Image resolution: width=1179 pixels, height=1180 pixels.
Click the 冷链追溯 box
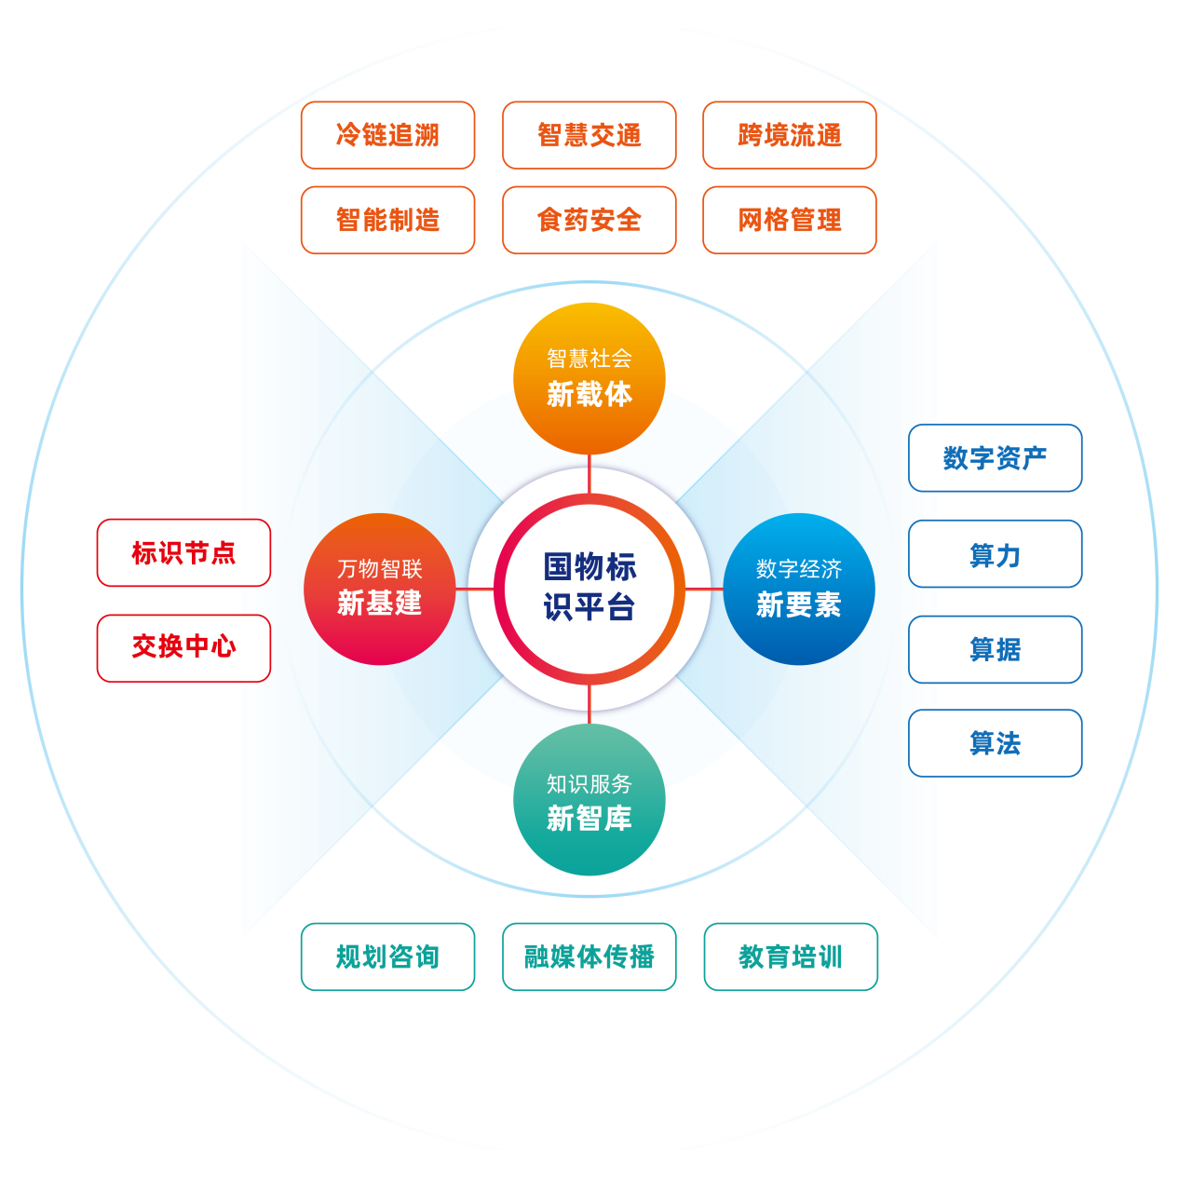[387, 135]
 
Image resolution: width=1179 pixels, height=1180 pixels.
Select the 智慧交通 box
[589, 135]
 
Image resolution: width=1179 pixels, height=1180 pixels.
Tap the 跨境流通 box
[789, 135]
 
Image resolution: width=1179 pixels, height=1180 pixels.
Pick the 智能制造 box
[387, 220]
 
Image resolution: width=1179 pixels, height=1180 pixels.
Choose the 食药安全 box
[589, 220]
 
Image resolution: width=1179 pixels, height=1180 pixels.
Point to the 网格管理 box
[789, 220]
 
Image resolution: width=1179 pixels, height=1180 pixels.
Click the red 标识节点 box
[183, 552]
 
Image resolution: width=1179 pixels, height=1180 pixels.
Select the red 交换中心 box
[183, 647]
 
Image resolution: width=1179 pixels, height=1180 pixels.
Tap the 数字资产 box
[995, 457]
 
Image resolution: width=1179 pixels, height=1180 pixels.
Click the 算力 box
[995, 554]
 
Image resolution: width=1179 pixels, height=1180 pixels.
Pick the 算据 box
[995, 649]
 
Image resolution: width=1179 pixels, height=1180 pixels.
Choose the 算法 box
[995, 743]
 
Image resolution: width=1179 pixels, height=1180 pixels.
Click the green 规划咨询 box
[387, 956]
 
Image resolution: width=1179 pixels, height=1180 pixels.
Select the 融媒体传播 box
[589, 956]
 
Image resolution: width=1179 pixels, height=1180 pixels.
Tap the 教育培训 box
[790, 956]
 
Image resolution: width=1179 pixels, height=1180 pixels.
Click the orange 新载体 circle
[589, 378]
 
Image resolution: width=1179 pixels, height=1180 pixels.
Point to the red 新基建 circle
[379, 589]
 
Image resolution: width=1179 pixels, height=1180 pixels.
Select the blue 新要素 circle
[798, 589]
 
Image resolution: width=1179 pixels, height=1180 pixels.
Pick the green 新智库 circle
[589, 800]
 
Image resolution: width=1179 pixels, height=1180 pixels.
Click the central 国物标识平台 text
[589, 587]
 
